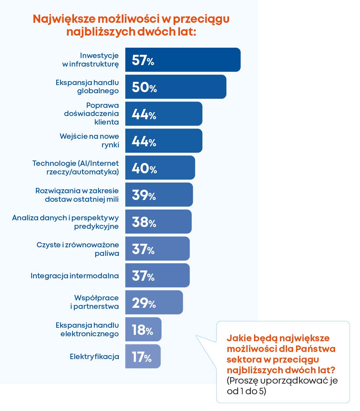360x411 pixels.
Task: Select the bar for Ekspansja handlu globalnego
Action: click(189, 87)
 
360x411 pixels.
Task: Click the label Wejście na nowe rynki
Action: click(89, 141)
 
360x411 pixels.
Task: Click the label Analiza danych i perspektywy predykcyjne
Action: click(65, 222)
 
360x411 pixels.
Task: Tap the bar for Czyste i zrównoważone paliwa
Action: click(171, 249)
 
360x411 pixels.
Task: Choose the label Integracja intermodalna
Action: click(75, 275)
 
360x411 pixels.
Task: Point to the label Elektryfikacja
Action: click(94, 356)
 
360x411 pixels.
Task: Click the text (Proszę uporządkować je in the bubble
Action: click(282, 380)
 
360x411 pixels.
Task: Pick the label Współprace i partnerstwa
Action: click(96, 302)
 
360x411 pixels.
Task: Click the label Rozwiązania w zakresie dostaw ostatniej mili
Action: click(77, 195)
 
